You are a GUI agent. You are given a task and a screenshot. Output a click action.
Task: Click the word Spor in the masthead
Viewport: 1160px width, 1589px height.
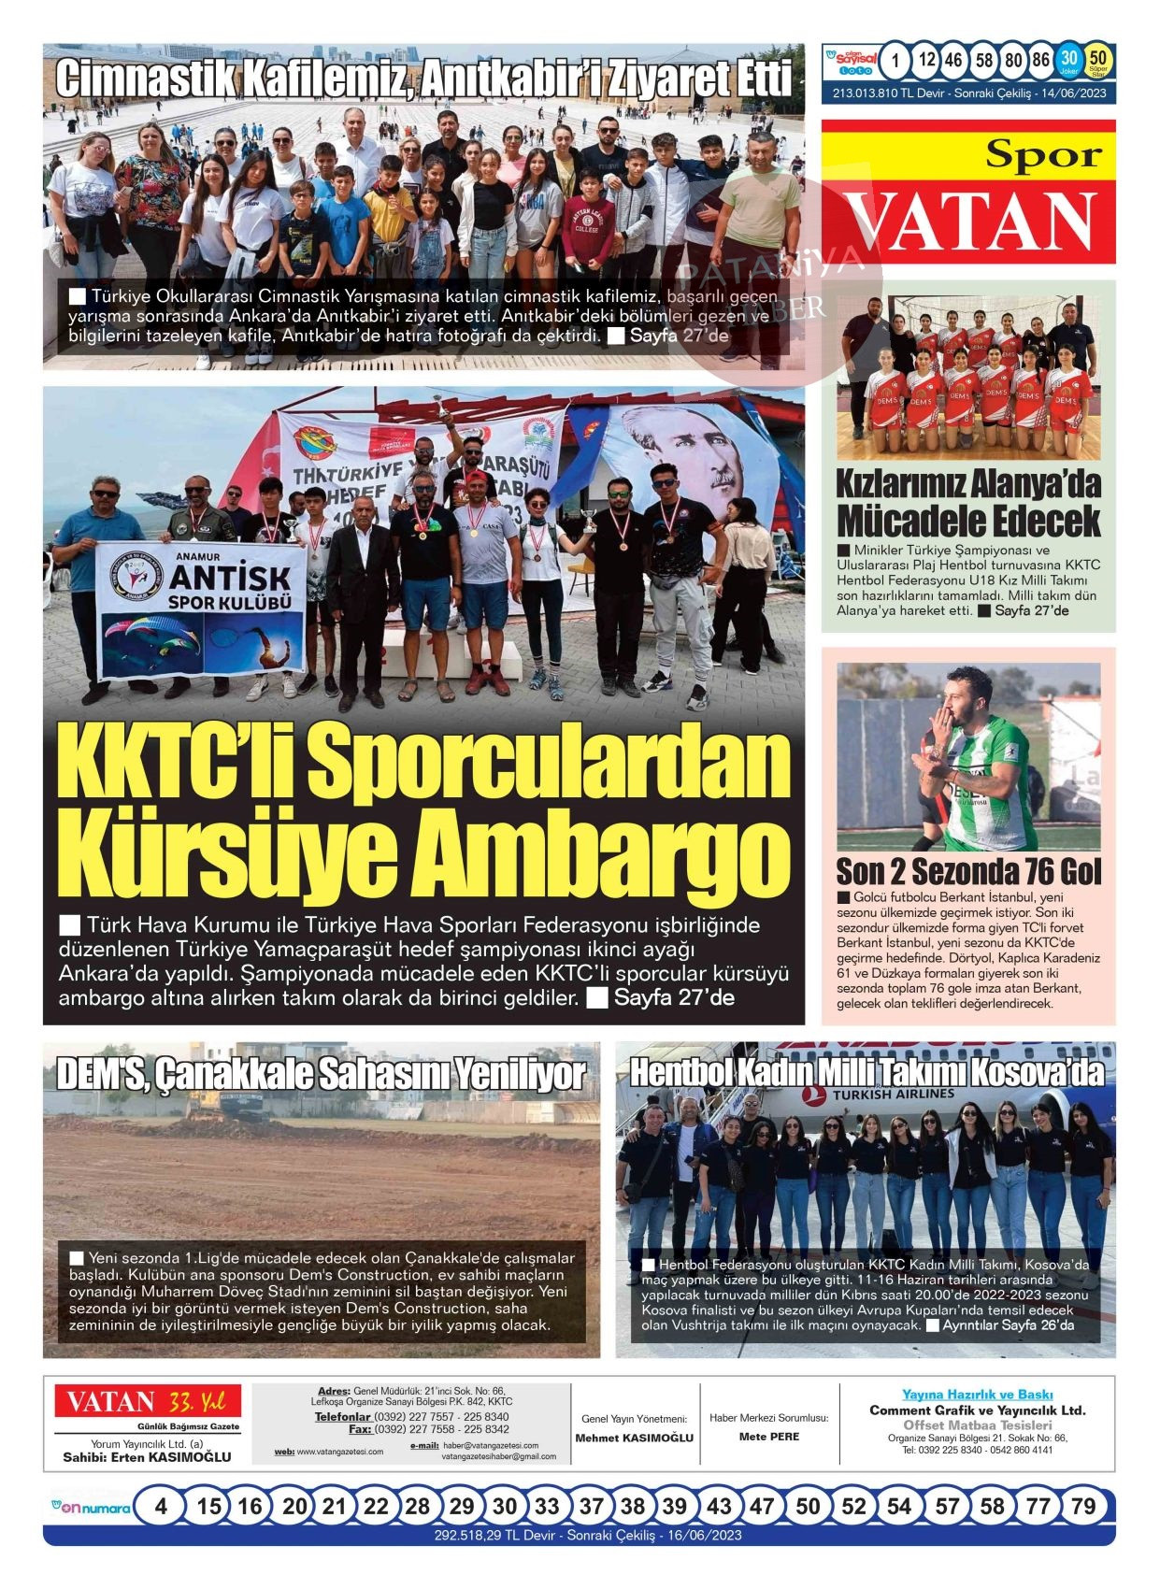click(x=1043, y=154)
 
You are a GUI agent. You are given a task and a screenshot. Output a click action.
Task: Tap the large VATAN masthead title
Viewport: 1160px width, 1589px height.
click(x=972, y=222)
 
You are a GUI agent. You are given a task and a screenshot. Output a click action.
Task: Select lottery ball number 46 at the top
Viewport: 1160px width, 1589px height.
click(x=952, y=61)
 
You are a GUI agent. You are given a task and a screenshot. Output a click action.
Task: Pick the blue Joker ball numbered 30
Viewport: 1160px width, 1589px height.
click(x=1069, y=61)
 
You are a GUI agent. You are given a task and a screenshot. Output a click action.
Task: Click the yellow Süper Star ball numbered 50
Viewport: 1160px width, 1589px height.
click(x=1098, y=61)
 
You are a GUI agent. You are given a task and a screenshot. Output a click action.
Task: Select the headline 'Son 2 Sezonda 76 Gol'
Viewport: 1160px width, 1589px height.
click(x=968, y=871)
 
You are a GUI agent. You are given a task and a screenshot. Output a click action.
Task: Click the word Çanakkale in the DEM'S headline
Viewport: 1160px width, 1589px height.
click(x=234, y=1074)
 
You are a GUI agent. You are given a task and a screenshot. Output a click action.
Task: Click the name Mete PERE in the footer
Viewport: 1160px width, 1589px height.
click(x=768, y=1437)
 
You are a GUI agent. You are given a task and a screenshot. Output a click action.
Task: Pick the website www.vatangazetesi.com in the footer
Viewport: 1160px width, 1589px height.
click(x=339, y=1452)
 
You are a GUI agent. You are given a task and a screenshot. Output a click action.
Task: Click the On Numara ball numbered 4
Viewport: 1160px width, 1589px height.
click(x=161, y=1507)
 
